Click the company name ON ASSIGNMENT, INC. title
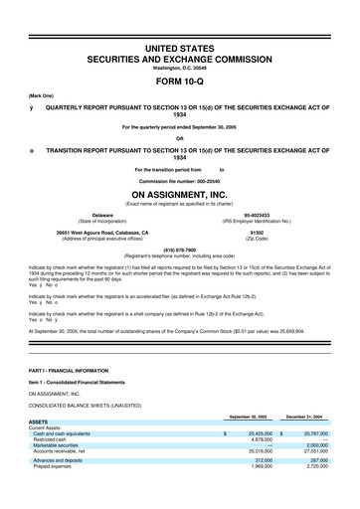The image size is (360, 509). point(180,195)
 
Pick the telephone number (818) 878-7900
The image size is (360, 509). point(180,251)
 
